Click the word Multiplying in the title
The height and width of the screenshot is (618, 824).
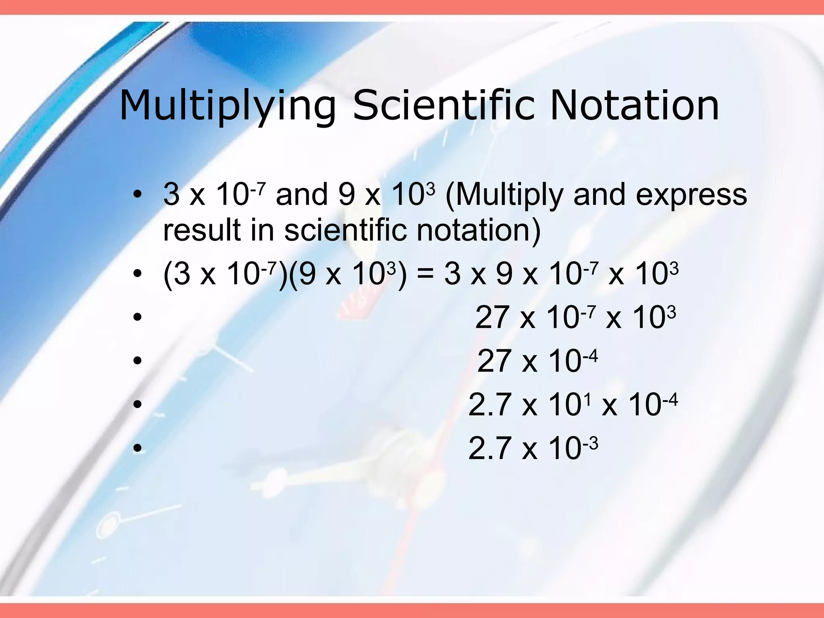click(x=227, y=105)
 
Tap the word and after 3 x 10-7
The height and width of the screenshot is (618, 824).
click(x=302, y=195)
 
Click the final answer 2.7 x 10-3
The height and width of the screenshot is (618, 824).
click(x=533, y=449)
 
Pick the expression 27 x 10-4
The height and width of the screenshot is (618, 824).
click(x=537, y=361)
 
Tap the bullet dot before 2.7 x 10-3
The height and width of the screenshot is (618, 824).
click(x=138, y=448)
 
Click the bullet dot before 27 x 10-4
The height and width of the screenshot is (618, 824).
click(x=138, y=360)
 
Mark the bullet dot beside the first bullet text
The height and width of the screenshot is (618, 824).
click(x=138, y=195)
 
